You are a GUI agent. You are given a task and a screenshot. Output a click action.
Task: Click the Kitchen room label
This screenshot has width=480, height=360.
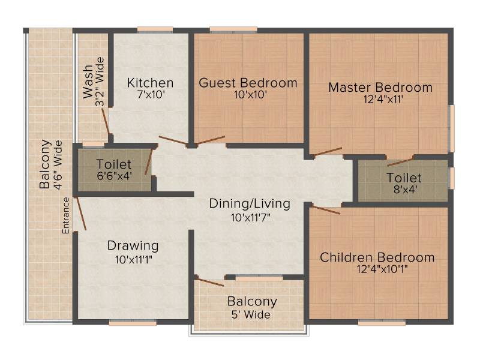tap(151, 83)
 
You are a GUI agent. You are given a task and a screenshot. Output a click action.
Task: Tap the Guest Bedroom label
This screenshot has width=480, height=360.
tap(248, 83)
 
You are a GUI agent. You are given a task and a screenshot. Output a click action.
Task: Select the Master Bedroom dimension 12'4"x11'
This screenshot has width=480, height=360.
tap(383, 99)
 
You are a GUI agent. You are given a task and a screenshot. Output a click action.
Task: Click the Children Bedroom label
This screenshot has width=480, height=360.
tap(377, 257)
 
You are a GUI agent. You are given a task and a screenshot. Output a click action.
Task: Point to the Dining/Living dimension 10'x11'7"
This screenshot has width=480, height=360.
tap(251, 218)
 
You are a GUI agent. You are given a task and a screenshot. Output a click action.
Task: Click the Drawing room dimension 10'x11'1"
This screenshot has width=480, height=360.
tap(134, 260)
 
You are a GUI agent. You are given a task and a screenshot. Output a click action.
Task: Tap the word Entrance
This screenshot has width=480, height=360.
tap(66, 215)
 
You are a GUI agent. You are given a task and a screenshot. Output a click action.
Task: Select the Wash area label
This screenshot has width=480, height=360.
tap(88, 82)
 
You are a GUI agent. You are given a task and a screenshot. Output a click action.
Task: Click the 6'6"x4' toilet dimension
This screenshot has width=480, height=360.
tap(114, 176)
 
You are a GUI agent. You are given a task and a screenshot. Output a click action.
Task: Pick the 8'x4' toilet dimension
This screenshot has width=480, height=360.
tap(406, 190)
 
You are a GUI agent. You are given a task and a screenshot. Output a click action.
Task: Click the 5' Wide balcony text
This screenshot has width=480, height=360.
tap(251, 314)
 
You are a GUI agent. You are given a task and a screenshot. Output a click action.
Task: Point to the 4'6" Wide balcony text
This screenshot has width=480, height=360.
tap(58, 165)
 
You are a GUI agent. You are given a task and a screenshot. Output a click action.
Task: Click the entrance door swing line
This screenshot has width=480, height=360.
tap(80, 214)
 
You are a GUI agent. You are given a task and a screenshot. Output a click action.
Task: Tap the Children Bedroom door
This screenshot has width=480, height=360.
tap(325, 209)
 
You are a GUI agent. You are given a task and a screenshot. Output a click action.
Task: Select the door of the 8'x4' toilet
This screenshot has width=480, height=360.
tap(401, 162)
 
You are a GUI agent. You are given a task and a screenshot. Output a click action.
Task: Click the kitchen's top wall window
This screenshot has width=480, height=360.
tap(155, 29)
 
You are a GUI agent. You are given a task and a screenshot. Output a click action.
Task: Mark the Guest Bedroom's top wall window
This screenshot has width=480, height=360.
tap(233, 29)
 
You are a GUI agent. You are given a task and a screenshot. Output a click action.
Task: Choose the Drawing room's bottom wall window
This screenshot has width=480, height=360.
tap(133, 323)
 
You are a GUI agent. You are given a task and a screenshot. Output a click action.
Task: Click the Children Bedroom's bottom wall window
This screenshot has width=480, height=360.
tap(382, 323)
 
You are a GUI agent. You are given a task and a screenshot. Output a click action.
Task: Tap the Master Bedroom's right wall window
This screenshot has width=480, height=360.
tap(451, 128)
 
